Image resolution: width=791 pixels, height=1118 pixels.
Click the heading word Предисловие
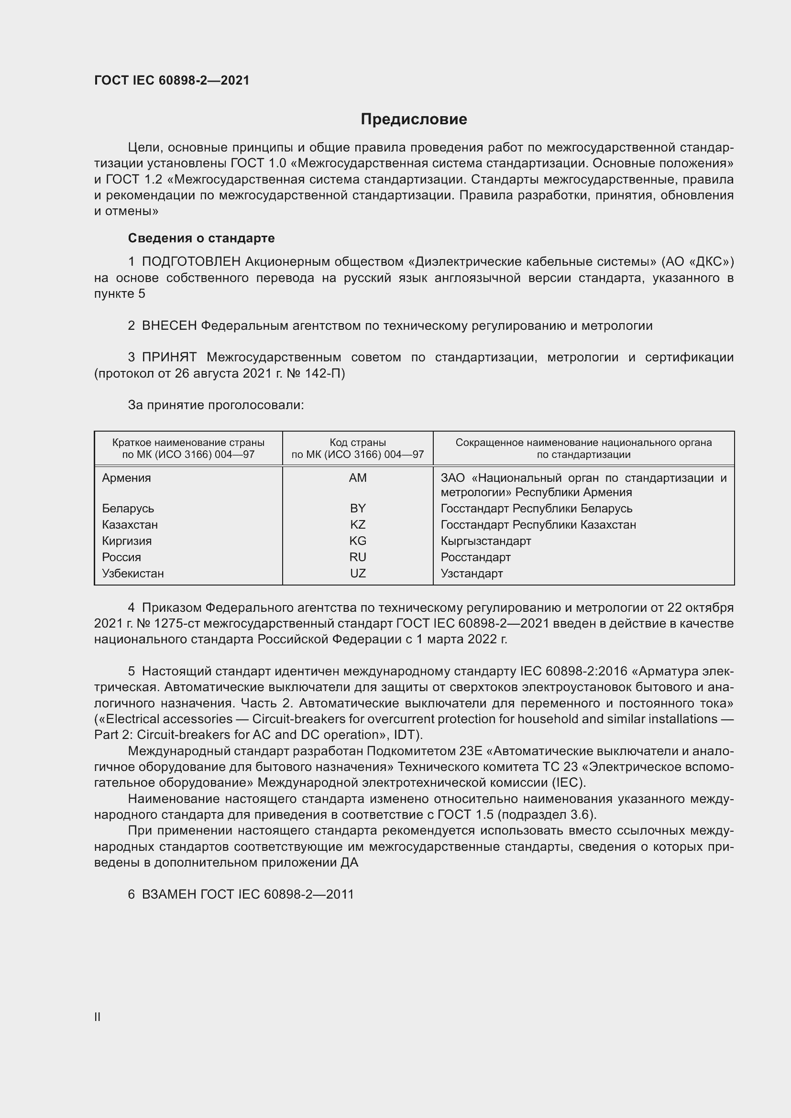tap(414, 119)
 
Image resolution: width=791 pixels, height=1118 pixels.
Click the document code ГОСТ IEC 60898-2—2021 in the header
tap(172, 80)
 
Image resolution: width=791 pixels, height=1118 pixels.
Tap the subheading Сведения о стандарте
tap(201, 238)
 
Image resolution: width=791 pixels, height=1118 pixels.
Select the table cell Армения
tap(127, 478)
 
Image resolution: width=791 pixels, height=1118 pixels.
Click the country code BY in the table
tap(358, 509)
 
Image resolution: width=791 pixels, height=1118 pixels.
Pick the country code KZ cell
tap(358, 525)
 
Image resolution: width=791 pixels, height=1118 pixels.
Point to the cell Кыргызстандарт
tap(485, 541)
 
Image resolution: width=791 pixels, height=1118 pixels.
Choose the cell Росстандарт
tap(475, 557)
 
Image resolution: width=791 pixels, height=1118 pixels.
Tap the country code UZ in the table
tap(358, 574)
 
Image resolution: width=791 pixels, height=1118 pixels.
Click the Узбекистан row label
tap(133, 574)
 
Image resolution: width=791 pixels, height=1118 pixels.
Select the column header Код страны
tap(358, 443)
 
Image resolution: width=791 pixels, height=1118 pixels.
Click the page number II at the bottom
tap(98, 1017)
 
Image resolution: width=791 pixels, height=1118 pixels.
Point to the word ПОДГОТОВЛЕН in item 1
tap(191, 262)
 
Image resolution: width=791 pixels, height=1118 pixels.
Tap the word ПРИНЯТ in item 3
tap(169, 358)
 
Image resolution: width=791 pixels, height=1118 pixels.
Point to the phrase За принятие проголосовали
tap(216, 405)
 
